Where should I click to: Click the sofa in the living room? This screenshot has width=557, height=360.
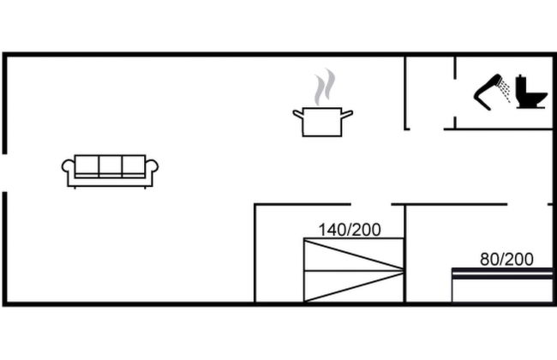(110, 170)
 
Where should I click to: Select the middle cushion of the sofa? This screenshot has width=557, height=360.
(110, 165)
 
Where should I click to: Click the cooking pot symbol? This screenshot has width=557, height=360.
(322, 121)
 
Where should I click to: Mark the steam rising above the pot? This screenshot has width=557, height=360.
(323, 87)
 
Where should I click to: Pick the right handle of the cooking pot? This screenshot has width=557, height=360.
(347, 112)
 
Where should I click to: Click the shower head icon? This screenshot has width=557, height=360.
(489, 91)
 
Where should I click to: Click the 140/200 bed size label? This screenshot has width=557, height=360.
(350, 230)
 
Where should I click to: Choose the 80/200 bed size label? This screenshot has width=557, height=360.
(506, 259)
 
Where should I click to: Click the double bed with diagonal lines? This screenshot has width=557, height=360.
(353, 270)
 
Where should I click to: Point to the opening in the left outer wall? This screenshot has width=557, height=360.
(4, 172)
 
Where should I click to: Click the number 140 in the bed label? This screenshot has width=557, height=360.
(333, 230)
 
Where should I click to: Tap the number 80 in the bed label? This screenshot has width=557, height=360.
(488, 259)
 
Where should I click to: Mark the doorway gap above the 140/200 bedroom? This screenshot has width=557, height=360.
(371, 205)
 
